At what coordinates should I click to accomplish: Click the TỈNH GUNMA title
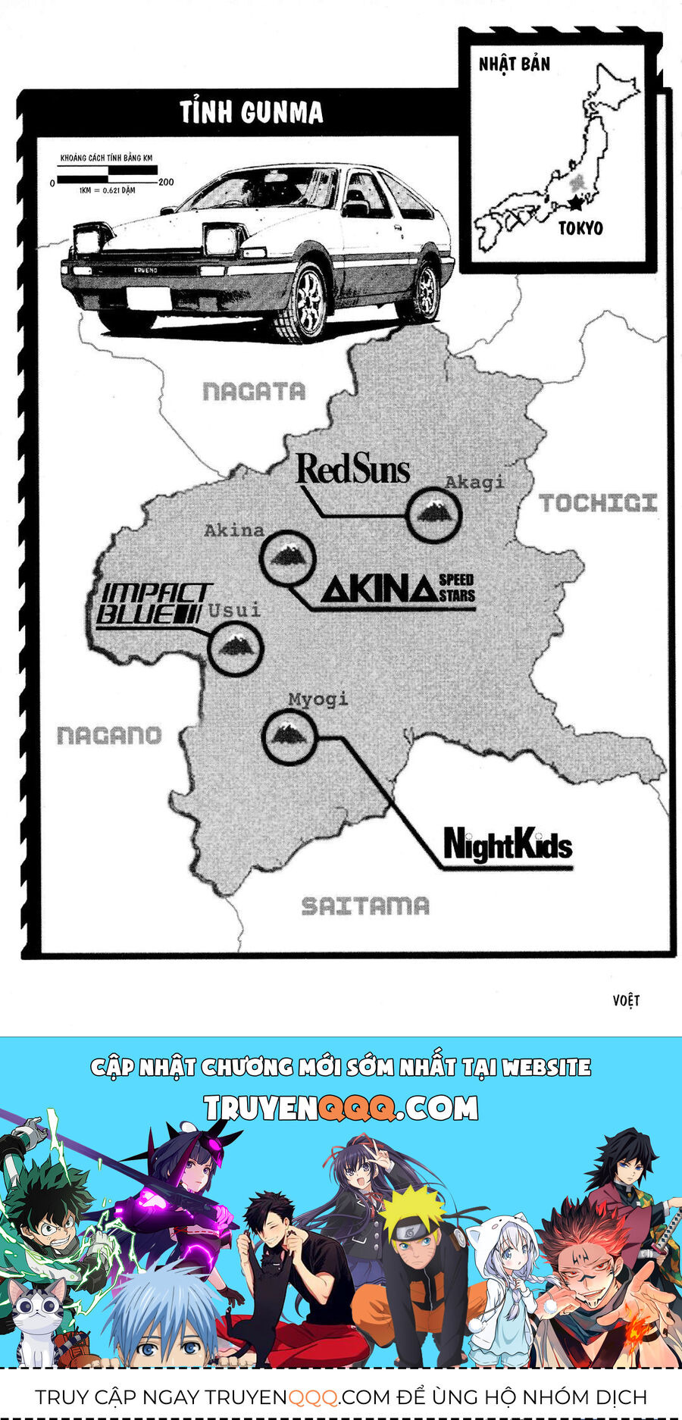pyautogui.click(x=252, y=113)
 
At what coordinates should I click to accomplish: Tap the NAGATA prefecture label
pyautogui.click(x=254, y=391)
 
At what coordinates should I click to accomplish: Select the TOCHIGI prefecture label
pyautogui.click(x=598, y=502)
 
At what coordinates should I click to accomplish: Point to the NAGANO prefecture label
pyautogui.click(x=109, y=735)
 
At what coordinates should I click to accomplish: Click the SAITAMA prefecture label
pyautogui.click(x=365, y=905)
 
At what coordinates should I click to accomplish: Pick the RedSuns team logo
pyautogui.click(x=353, y=469)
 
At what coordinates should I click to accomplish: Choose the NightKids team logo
pyautogui.click(x=507, y=845)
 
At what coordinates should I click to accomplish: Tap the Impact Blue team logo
pyautogui.click(x=154, y=604)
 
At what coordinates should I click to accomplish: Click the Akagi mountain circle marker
pyautogui.click(x=433, y=515)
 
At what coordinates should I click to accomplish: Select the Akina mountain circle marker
pyautogui.click(x=287, y=557)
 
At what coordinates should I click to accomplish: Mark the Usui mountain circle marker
pyautogui.click(x=235, y=649)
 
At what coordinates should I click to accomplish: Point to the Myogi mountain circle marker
pyautogui.click(x=288, y=735)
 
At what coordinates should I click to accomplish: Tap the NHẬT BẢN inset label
pyautogui.click(x=514, y=64)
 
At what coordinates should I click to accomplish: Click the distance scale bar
pyautogui.click(x=106, y=180)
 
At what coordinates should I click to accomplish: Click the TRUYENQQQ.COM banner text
pyautogui.click(x=341, y=1109)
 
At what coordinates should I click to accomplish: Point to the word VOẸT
pyautogui.click(x=626, y=1000)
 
